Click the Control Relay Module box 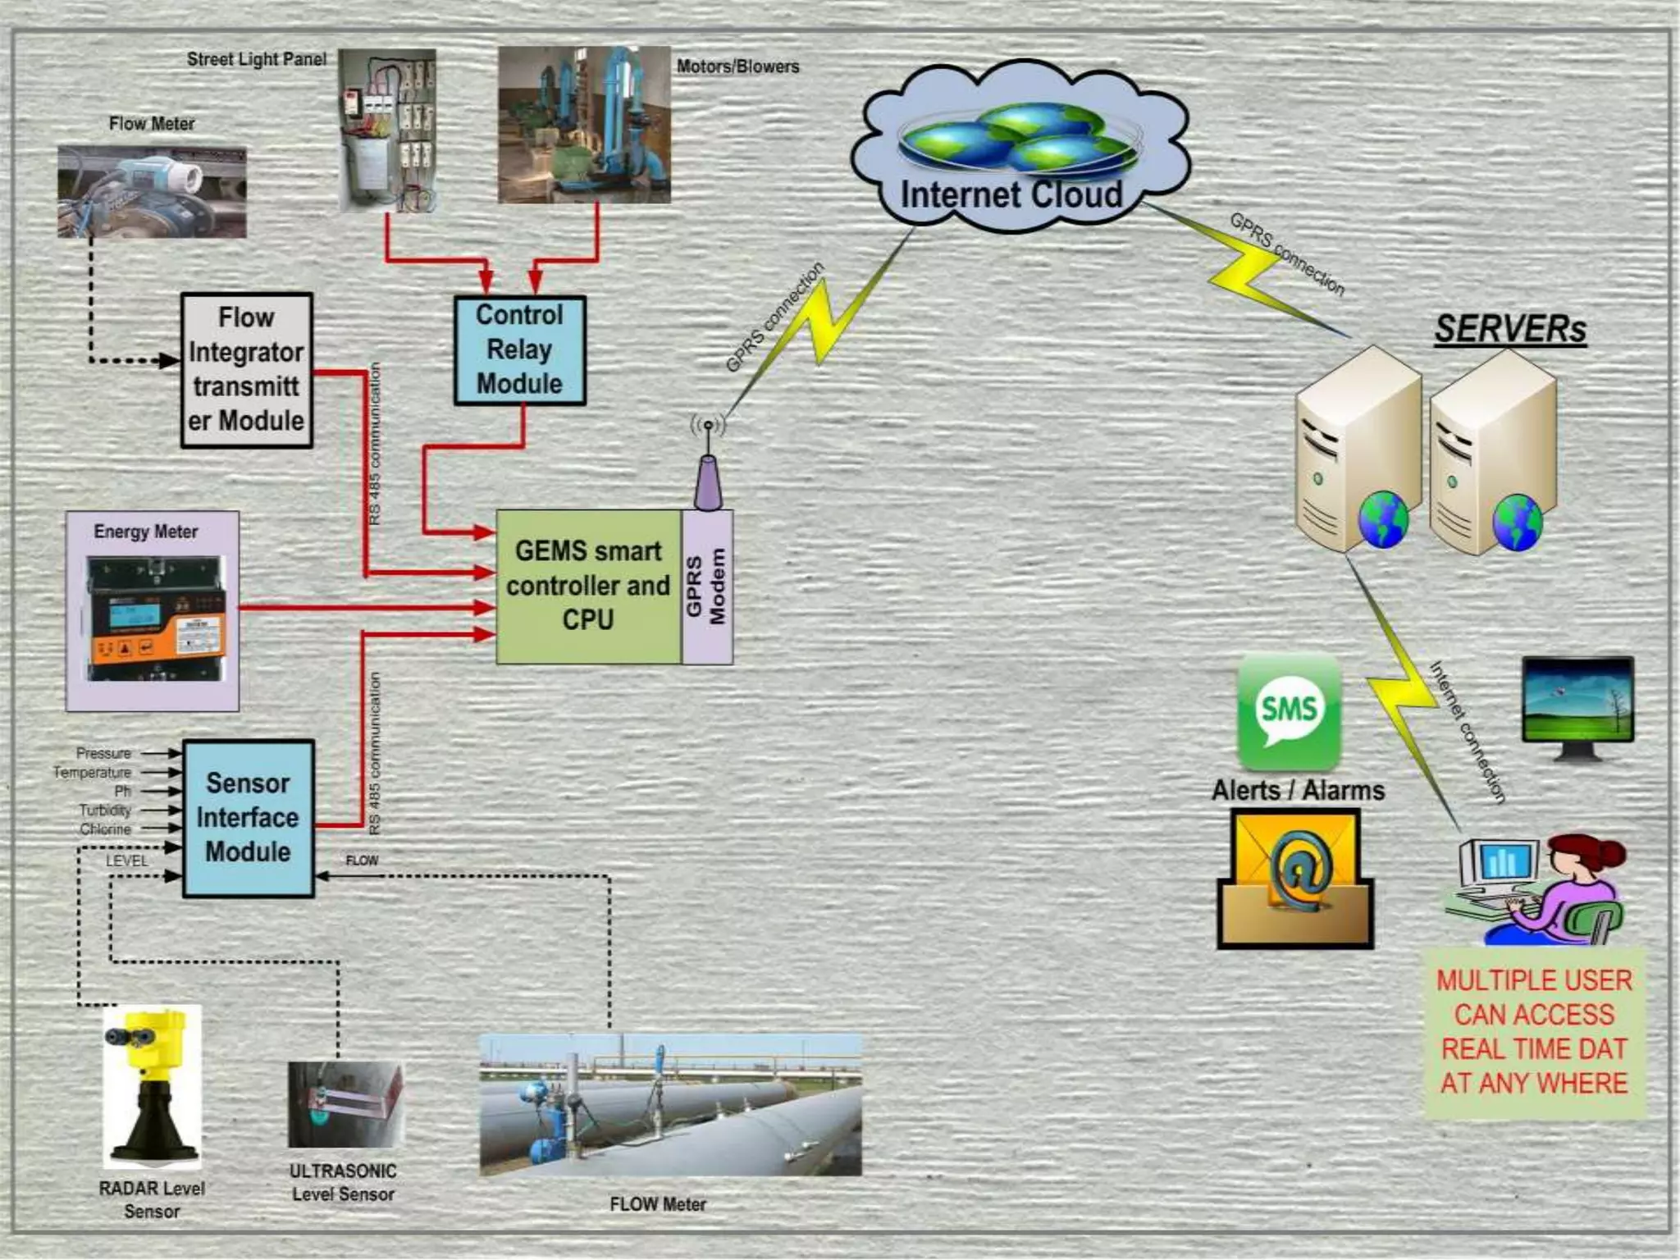tap(520, 350)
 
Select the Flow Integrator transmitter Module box tap(247, 370)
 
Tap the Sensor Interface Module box tap(249, 818)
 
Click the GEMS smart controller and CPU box tap(588, 586)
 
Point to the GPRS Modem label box tap(706, 586)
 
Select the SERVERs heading tap(1510, 330)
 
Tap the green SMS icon tap(1289, 710)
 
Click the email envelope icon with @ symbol tap(1294, 879)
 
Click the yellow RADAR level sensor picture tap(153, 1084)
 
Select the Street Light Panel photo tap(387, 130)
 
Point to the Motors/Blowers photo tap(584, 125)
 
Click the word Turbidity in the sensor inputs tap(105, 810)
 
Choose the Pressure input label tap(103, 753)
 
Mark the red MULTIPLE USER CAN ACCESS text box tap(1534, 1032)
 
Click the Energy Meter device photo tap(154, 619)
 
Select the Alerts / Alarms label tap(1298, 791)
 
